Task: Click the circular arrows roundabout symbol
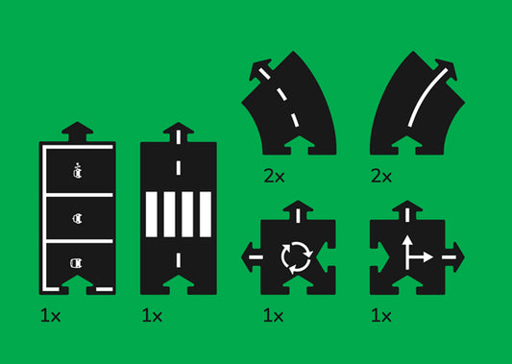tap(297, 257)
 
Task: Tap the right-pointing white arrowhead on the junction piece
tap(428, 257)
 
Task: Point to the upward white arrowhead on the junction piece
tap(407, 241)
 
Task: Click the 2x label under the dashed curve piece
tap(274, 177)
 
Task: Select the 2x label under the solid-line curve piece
tap(381, 177)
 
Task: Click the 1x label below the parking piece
tap(51, 316)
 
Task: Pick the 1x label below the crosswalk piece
tap(152, 316)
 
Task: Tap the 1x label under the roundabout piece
tap(274, 316)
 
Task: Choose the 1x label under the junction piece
tap(381, 316)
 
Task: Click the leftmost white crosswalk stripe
tap(152, 214)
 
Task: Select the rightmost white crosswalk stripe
tap(206, 214)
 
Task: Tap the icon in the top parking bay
tap(78, 171)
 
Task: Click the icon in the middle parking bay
tap(78, 218)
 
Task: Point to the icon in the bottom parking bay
tap(77, 263)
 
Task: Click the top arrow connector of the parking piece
tap(78, 132)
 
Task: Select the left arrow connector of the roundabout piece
tap(251, 257)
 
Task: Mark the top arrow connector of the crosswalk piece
tap(179, 132)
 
